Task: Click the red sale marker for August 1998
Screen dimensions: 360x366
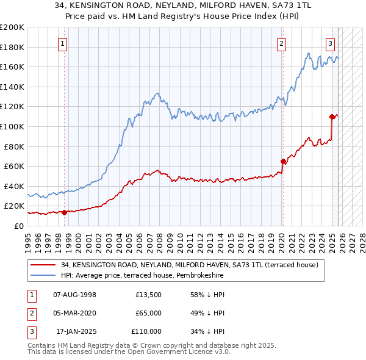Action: [64, 212]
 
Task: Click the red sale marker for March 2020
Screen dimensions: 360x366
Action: [283, 161]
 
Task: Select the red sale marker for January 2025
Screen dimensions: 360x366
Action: [332, 117]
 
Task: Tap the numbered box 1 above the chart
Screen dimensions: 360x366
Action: [63, 43]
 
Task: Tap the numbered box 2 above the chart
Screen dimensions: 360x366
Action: [281, 43]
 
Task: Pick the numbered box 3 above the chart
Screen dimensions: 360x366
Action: [330, 43]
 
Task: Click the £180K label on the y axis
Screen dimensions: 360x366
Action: [12, 47]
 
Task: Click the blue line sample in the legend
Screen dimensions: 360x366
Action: [45, 276]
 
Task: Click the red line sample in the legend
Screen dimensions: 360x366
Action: [45, 265]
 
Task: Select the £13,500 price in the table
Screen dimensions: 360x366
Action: [148, 295]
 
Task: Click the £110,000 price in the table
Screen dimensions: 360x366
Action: [146, 331]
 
